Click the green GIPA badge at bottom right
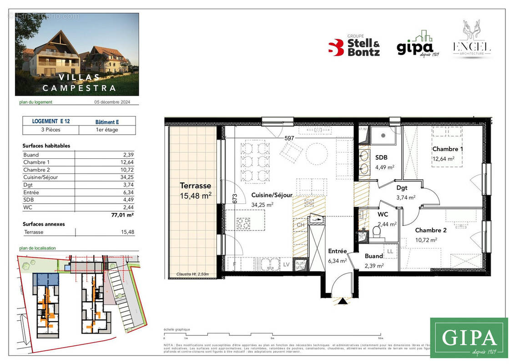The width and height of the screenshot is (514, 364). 469,338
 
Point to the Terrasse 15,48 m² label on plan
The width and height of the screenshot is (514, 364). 196,190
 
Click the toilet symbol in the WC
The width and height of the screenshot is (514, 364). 376,233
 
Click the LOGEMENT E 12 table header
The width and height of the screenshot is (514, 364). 50,121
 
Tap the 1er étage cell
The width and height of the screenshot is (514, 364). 107,130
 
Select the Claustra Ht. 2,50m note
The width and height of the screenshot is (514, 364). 193,274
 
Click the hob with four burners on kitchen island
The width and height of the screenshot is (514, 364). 242,223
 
